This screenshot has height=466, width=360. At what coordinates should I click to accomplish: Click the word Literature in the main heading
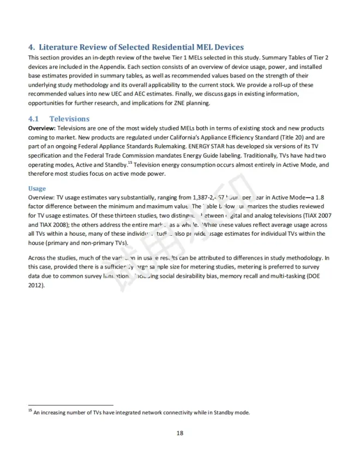(62, 47)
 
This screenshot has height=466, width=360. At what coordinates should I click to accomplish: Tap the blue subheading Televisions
(69, 118)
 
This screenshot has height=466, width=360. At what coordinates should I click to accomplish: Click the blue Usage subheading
(37, 189)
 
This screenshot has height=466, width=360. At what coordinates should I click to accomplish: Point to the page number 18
(179, 433)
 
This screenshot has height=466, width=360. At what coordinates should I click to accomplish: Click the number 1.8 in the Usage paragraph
(323, 199)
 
